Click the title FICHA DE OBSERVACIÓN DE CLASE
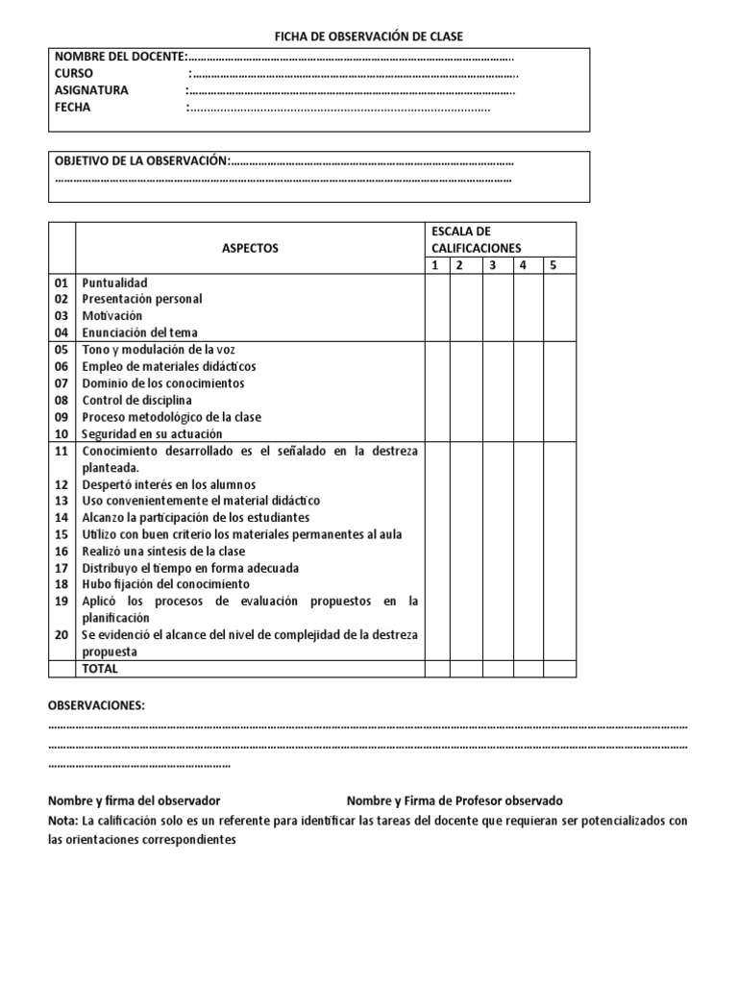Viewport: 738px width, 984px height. [369, 37]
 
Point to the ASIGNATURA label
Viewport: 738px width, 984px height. [91, 91]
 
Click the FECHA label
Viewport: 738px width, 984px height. [73, 108]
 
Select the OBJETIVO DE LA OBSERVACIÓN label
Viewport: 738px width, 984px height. [141, 160]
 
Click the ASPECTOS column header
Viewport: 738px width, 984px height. [250, 248]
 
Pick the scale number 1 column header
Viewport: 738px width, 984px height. [434, 265]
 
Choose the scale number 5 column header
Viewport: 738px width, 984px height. [553, 265]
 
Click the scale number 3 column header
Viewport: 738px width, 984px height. [492, 265]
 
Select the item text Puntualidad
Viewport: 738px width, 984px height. [114, 283]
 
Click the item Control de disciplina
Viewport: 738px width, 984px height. [136, 400]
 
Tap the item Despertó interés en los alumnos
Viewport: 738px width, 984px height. [168, 484]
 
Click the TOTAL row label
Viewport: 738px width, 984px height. [100, 668]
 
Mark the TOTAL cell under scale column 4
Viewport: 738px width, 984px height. [524, 668]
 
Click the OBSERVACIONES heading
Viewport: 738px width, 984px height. [96, 706]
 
